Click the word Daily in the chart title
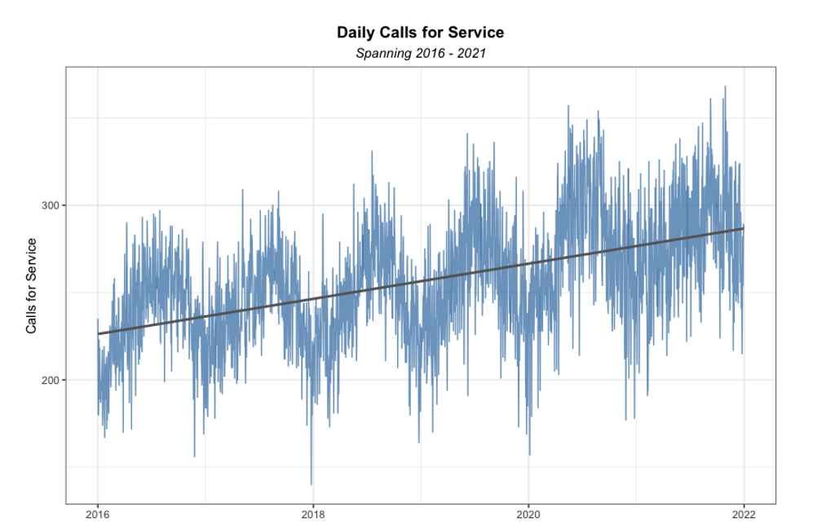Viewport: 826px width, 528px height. (355, 33)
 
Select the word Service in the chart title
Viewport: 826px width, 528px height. (477, 33)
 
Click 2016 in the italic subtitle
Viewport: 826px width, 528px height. (428, 54)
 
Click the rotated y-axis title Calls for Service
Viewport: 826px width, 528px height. (32, 286)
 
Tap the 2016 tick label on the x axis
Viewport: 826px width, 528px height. (98, 514)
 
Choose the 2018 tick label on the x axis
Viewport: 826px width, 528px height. (313, 514)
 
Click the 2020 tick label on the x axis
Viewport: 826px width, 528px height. (528, 514)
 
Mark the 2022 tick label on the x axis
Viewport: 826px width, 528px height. (744, 514)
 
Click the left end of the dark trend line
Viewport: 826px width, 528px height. (99, 333)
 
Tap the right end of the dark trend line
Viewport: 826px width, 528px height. (743, 228)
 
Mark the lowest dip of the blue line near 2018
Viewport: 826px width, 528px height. (311, 484)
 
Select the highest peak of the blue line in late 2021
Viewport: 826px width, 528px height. (725, 87)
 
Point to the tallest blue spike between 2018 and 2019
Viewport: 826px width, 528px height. (372, 152)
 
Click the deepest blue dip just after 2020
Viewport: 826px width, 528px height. (530, 455)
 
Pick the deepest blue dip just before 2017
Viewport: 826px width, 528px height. (194, 456)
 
